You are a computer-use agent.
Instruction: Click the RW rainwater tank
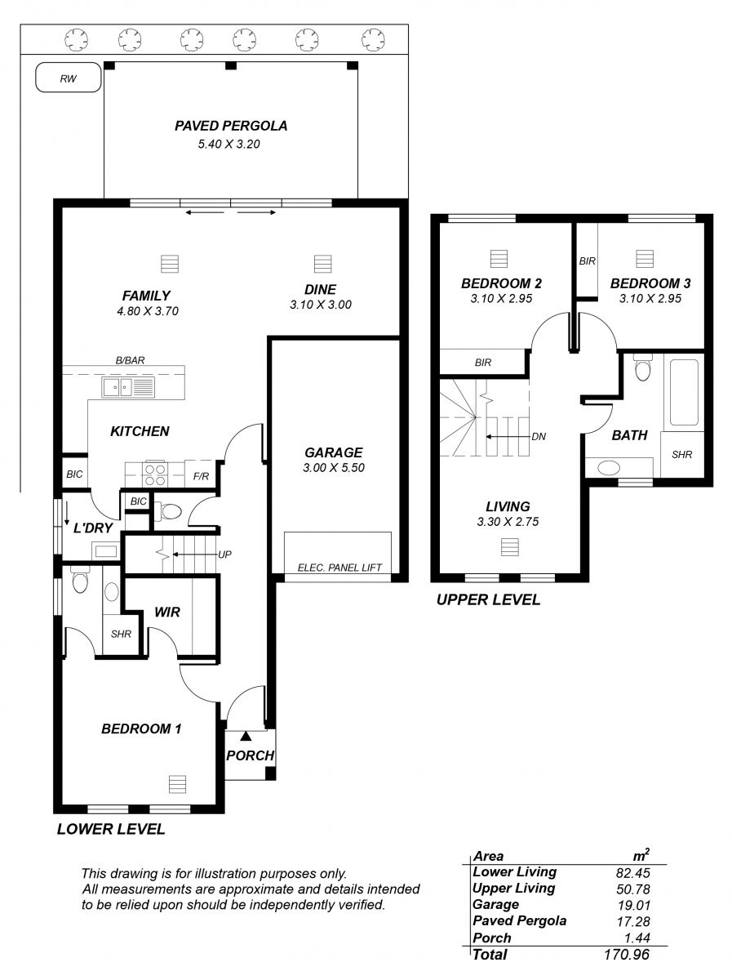tap(69, 78)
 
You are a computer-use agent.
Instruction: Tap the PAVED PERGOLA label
tap(231, 126)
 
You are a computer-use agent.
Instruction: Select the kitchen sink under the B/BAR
tap(128, 386)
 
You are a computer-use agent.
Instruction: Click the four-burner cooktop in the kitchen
tap(155, 474)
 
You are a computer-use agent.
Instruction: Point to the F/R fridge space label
tap(201, 476)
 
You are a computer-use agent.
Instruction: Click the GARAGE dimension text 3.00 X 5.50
tap(334, 467)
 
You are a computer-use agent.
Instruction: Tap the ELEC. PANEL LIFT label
tap(339, 568)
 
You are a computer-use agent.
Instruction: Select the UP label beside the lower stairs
tap(224, 554)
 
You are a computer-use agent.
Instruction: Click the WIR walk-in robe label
tap(167, 612)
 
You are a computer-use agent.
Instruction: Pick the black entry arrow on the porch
tap(246, 735)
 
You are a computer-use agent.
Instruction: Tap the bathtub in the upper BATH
tap(683, 393)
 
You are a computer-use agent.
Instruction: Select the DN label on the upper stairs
tap(539, 437)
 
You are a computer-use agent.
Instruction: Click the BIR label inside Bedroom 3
tap(587, 261)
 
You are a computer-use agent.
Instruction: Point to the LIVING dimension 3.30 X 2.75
tap(508, 522)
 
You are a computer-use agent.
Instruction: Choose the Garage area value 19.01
tap(633, 906)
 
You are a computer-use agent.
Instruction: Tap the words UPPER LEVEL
tap(489, 599)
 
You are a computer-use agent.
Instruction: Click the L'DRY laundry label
tap(93, 528)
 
